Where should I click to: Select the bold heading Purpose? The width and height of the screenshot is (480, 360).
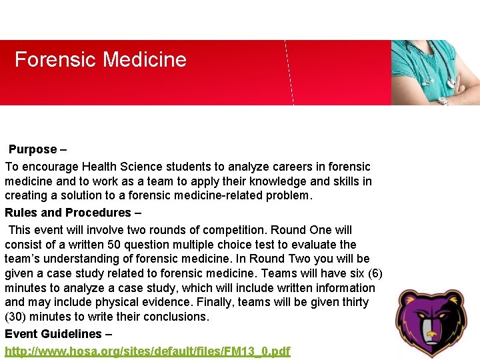(33, 149)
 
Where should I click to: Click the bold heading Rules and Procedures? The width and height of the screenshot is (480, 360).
(68, 213)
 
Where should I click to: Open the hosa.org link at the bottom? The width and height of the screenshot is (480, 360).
(147, 351)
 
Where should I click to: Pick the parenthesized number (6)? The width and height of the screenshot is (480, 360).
(373, 273)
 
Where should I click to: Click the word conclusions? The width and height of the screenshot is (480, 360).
(175, 317)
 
